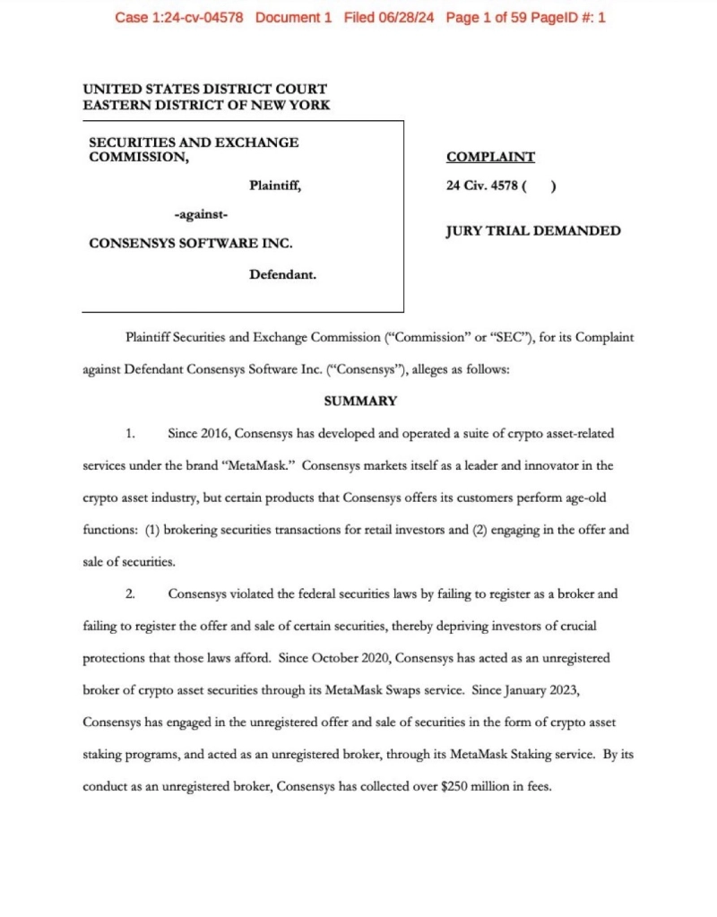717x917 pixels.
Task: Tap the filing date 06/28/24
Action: (x=402, y=17)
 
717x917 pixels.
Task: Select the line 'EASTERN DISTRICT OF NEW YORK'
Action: (x=206, y=105)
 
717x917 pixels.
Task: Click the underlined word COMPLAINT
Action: (x=490, y=157)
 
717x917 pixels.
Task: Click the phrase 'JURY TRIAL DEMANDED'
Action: (x=533, y=231)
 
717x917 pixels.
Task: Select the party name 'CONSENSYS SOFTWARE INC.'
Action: (x=191, y=243)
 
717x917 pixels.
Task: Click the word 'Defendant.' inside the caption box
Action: (x=282, y=274)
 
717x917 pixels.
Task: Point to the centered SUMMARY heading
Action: (x=360, y=401)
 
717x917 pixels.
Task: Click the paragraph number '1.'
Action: (x=131, y=434)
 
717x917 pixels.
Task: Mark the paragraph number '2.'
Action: (x=131, y=593)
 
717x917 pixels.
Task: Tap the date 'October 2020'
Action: (x=349, y=657)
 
